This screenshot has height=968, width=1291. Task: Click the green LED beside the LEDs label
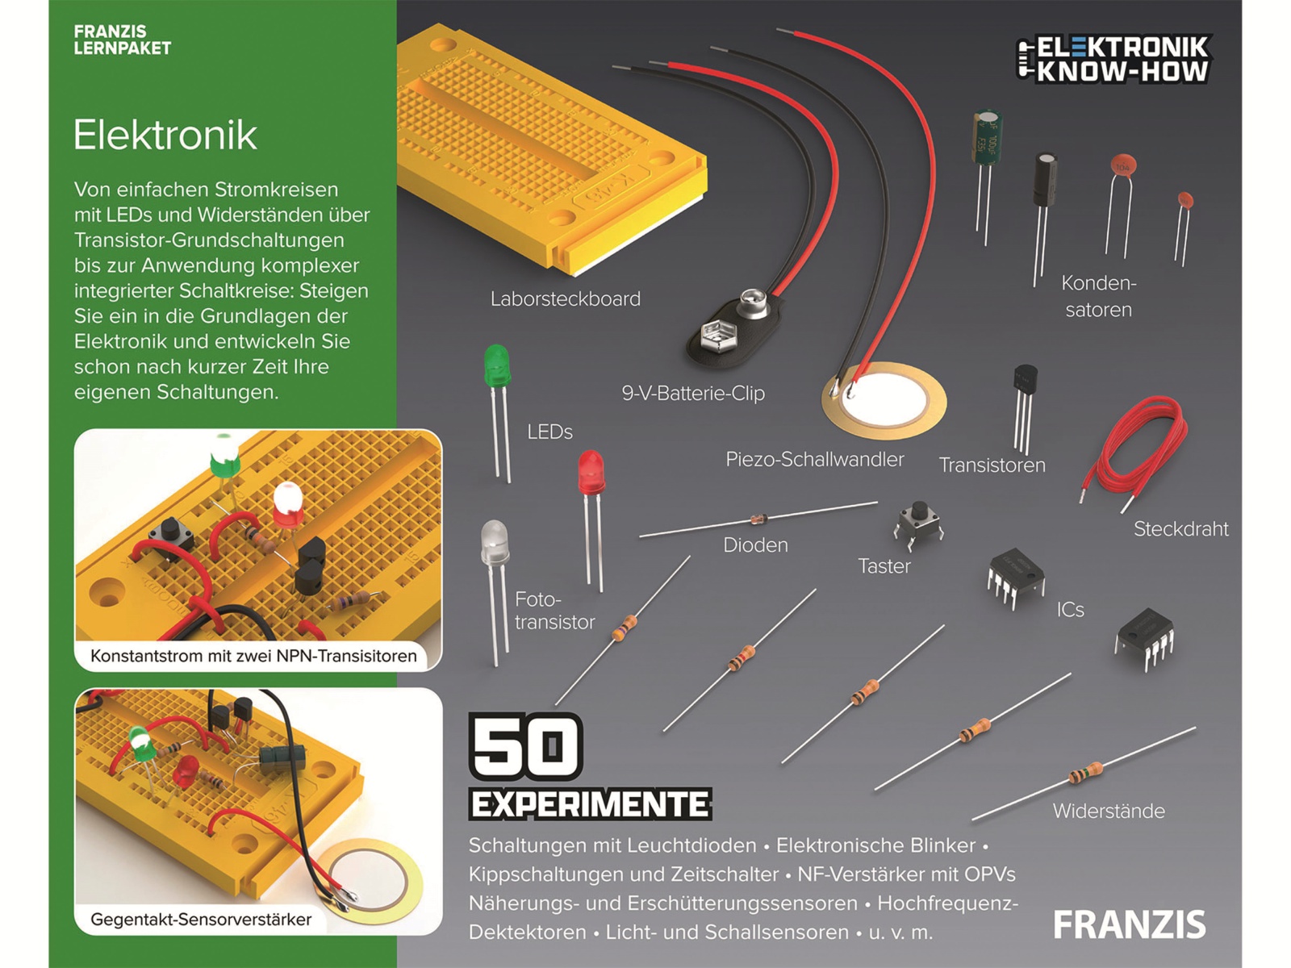click(497, 368)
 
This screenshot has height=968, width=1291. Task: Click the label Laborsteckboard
click(565, 299)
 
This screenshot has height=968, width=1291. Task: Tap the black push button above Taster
click(918, 520)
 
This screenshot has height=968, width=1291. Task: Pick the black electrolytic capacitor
click(1046, 181)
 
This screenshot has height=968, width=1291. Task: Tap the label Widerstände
click(1108, 812)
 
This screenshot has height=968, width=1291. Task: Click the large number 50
click(525, 747)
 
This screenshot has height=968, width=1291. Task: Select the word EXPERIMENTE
click(590, 805)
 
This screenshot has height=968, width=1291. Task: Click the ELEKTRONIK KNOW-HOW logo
click(1113, 59)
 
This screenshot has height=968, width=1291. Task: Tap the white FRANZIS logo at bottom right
click(1129, 925)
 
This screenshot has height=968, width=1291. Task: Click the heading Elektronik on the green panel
click(165, 135)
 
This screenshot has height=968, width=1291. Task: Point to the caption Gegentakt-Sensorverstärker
click(201, 920)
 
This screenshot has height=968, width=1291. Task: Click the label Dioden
click(755, 545)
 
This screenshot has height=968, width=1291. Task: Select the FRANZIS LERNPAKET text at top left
click(122, 40)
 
